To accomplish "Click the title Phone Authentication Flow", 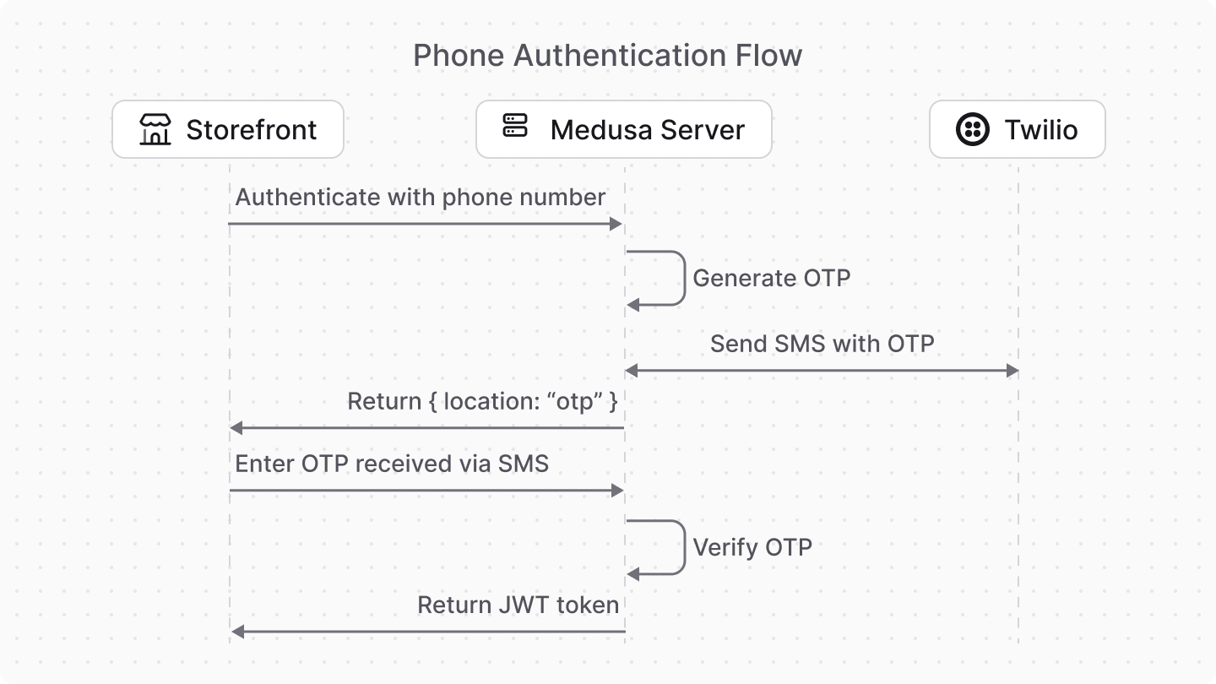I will pyautogui.click(x=607, y=56).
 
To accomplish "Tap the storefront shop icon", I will pyautogui.click(x=155, y=129).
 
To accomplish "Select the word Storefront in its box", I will pyautogui.click(x=251, y=130).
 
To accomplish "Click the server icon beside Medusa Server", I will pyautogui.click(x=514, y=127).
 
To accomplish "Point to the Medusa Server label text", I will pyautogui.click(x=647, y=130).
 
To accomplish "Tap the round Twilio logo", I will pyautogui.click(x=973, y=129).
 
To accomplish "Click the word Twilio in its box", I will pyautogui.click(x=1040, y=130).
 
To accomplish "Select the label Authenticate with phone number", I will pyautogui.click(x=421, y=198).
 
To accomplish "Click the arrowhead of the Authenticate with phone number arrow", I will pyautogui.click(x=616, y=224).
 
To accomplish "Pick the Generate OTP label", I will pyautogui.click(x=771, y=278).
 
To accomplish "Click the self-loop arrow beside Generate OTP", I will pyautogui.click(x=682, y=278).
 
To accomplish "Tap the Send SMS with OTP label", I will pyautogui.click(x=822, y=344).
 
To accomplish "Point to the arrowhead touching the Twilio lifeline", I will pyautogui.click(x=1012, y=371).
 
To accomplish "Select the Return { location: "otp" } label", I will pyautogui.click(x=482, y=401).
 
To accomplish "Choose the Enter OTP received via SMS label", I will pyautogui.click(x=392, y=464).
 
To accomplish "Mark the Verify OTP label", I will pyautogui.click(x=752, y=547).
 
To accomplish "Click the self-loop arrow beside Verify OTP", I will pyautogui.click(x=682, y=547).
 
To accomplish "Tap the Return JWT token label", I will pyautogui.click(x=518, y=605).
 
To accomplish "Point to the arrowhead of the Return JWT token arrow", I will pyautogui.click(x=237, y=632).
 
